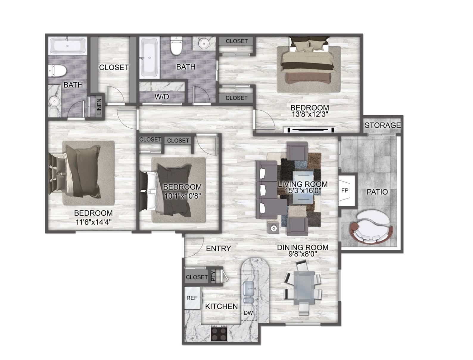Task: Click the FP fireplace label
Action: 345,190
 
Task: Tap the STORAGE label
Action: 382,125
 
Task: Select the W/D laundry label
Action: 162,97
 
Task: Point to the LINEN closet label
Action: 99,106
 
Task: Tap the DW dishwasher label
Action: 248,313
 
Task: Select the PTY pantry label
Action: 213,276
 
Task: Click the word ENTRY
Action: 218,249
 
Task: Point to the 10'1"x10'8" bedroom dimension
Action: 183,196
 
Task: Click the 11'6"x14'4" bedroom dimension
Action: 94,222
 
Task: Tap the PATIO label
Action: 377,192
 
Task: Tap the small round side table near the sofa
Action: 273,228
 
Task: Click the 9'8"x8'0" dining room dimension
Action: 303,254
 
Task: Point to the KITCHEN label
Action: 221,306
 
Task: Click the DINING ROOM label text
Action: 303,247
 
